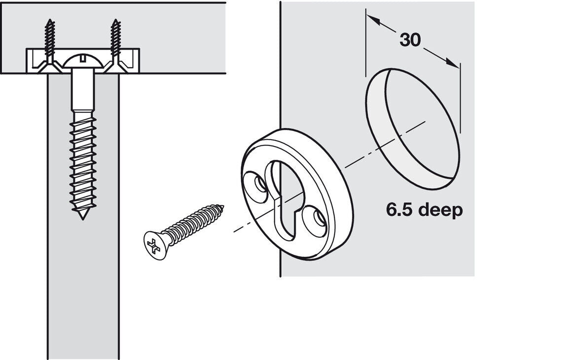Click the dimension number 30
point(410,39)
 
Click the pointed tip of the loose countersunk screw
point(223,207)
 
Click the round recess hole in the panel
point(413,129)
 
